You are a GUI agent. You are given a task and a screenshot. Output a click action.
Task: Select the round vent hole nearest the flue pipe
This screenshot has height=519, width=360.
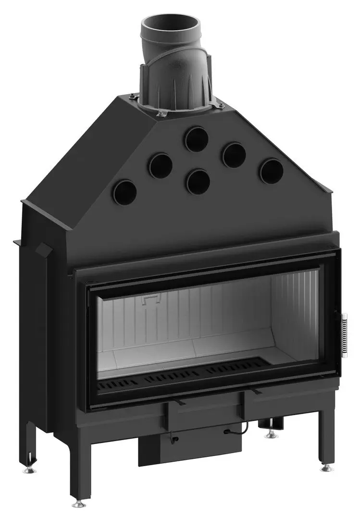(196, 138)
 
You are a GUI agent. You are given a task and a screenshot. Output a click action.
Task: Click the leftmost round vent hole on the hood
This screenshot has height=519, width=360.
(124, 192)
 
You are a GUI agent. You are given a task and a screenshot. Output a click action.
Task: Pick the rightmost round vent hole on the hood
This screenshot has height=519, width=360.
(271, 171)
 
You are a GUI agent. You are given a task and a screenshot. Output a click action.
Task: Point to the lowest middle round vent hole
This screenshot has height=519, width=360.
(198, 182)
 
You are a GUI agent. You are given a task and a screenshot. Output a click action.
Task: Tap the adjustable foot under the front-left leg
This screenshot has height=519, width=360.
(79, 504)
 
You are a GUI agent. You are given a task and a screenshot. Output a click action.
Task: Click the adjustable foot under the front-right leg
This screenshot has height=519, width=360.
(327, 467)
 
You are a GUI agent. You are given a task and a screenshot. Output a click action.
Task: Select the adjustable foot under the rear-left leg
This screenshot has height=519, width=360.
(29, 470)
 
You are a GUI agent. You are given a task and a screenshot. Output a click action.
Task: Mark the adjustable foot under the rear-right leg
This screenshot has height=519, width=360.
(272, 433)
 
